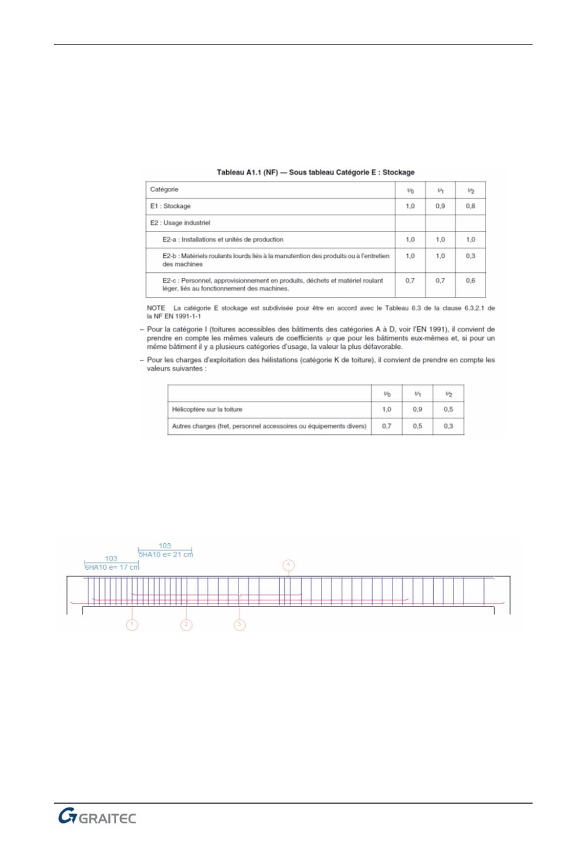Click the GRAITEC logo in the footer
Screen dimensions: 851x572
coord(97,818)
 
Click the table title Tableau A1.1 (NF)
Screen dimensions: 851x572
coord(316,172)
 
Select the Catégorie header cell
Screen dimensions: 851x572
coord(164,190)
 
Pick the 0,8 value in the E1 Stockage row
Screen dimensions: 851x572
coord(470,206)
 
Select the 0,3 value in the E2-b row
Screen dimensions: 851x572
coord(470,256)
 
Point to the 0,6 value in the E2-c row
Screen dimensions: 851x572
coord(470,280)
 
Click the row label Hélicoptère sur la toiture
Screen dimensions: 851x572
coord(207,409)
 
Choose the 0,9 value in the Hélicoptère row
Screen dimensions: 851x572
coord(417,409)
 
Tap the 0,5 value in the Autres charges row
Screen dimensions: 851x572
coord(417,426)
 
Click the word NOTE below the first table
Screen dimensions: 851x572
coord(156,308)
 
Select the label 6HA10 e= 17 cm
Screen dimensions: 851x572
coord(112,567)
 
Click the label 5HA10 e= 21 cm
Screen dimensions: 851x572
coord(166,554)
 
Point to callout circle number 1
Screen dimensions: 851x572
coord(131,625)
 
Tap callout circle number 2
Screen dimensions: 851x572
coord(186,625)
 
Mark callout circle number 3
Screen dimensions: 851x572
coord(240,625)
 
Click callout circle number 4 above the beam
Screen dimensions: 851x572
coord(288,565)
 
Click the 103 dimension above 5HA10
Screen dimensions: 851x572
coord(165,546)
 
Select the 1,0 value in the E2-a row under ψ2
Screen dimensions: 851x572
coord(470,239)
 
